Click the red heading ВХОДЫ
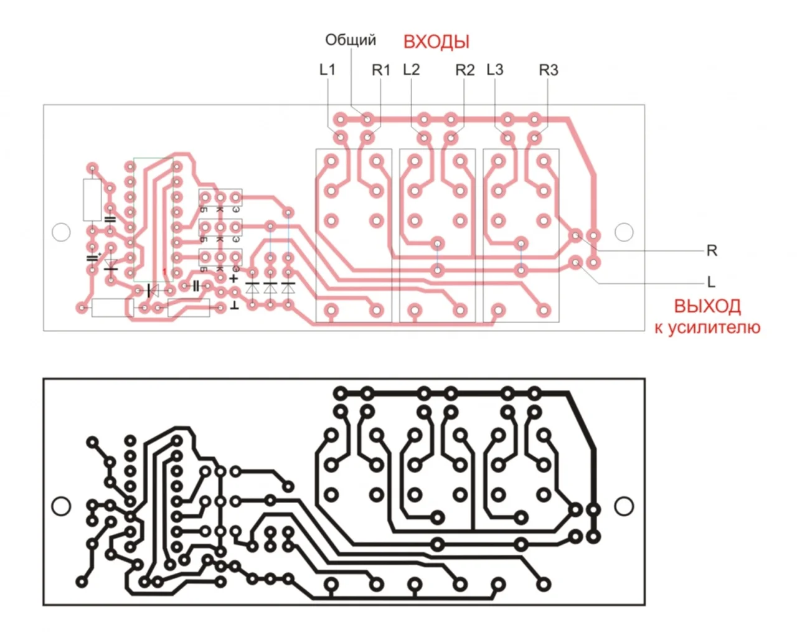tap(436, 42)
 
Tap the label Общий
tap(351, 40)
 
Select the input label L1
tap(328, 70)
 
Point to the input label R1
tap(380, 70)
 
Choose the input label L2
tap(412, 70)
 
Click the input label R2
tap(465, 70)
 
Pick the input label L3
tap(495, 70)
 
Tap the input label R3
tap(549, 70)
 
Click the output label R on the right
tap(712, 251)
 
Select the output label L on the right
tap(711, 283)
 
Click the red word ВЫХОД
tap(707, 306)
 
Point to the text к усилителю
tap(707, 328)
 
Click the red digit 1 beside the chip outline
tap(164, 271)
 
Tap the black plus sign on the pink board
tap(233, 278)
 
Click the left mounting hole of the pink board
tap(60, 232)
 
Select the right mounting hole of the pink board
tap(624, 232)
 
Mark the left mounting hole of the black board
tap(60, 506)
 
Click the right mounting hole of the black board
tap(624, 506)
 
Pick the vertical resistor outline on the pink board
tap(92, 200)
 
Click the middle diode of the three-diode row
tap(270, 289)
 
